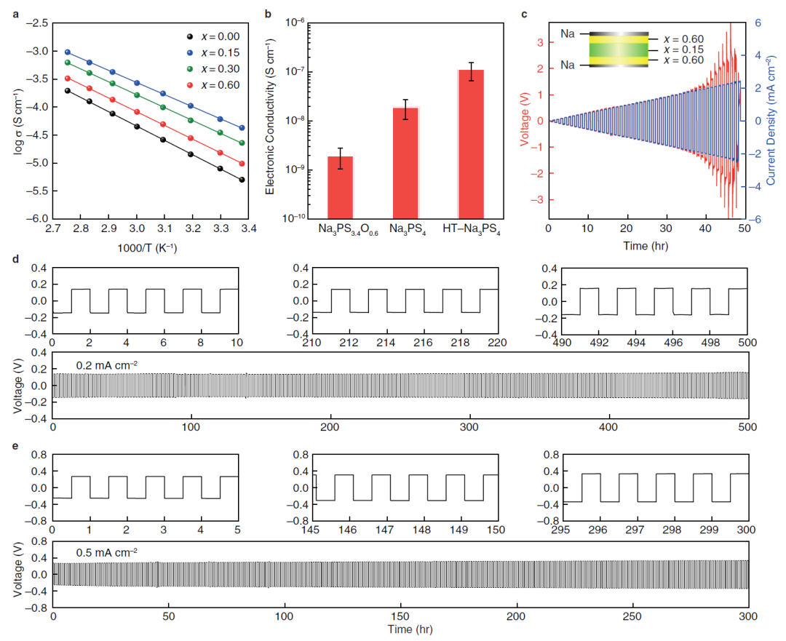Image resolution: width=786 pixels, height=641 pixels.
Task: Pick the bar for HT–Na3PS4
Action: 470,143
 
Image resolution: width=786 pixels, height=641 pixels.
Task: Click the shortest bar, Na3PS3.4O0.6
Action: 340,187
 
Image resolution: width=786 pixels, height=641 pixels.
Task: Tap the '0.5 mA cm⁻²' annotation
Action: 107,552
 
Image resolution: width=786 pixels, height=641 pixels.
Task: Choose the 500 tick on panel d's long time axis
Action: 747,426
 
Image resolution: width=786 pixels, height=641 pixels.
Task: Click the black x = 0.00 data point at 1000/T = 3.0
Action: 137,127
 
